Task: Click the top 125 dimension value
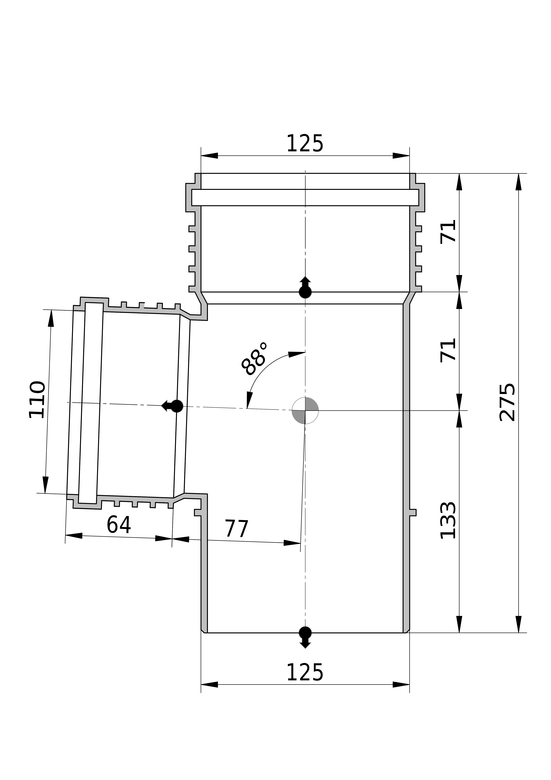point(305,144)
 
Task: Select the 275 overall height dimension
point(508,402)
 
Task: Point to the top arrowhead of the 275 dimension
point(518,182)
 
